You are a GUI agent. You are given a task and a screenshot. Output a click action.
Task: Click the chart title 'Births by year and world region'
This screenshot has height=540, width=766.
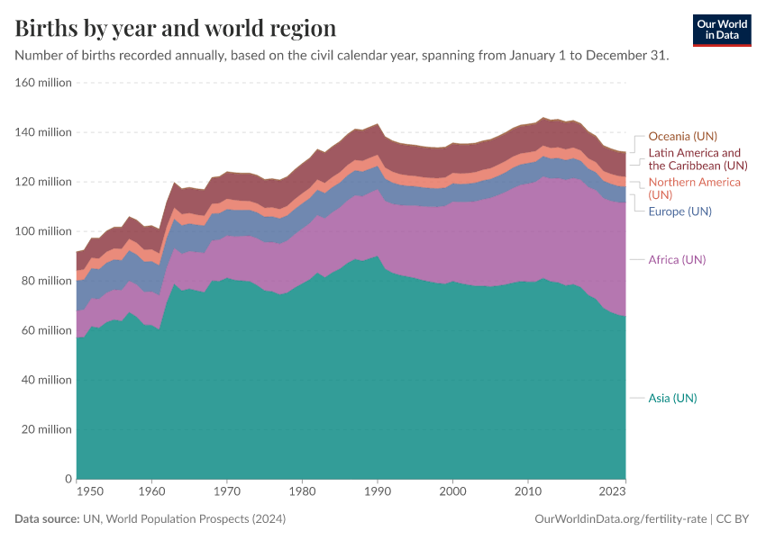[176, 28]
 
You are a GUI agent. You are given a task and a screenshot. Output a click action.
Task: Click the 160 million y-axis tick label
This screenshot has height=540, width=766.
[42, 83]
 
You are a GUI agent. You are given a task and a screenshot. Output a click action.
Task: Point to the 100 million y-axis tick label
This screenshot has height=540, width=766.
[42, 231]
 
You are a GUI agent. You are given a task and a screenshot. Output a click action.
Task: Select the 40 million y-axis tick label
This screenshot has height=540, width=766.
[45, 380]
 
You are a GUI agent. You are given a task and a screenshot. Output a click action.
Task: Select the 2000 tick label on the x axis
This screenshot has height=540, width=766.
[452, 491]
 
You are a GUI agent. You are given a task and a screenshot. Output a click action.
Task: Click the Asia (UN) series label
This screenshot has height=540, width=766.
[672, 398]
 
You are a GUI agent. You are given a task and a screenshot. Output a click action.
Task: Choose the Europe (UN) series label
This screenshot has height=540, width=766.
[679, 211]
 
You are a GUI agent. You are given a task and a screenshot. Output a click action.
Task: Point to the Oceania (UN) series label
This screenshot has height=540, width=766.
[682, 136]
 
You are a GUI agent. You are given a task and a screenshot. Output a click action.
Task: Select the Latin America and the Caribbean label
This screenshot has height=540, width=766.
[698, 159]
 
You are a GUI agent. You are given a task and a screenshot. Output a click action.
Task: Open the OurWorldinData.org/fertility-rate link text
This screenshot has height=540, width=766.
[620, 519]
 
